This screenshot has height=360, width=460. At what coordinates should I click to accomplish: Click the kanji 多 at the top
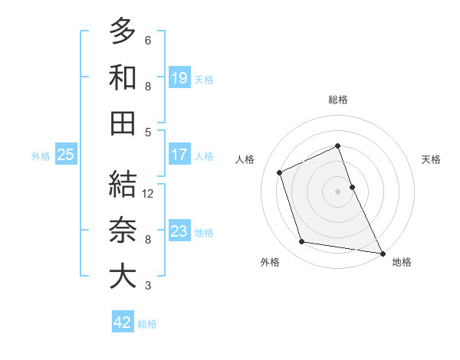122,32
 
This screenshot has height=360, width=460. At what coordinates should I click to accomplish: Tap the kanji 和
122,79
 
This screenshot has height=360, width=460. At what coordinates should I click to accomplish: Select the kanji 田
122,124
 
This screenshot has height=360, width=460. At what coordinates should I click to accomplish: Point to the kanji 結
122,185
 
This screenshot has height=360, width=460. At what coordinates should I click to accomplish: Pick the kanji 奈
122,231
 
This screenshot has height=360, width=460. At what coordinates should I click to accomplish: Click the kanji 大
122,277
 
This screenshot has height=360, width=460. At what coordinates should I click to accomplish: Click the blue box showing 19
179,77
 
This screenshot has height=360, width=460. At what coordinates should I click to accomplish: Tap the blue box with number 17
179,155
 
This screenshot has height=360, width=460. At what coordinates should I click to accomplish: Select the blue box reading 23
179,231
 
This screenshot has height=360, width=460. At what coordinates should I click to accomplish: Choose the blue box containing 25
65,155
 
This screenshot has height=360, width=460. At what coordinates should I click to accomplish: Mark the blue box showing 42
123,322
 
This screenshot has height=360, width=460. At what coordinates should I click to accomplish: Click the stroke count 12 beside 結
149,193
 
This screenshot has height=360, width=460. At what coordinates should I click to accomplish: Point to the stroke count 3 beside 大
147,286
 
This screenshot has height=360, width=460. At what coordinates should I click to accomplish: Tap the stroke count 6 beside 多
147,40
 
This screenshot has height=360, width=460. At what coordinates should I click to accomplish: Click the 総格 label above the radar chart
338,100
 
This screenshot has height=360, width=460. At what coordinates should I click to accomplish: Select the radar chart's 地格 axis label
402,263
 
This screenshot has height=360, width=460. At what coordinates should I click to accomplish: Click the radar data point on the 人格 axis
280,172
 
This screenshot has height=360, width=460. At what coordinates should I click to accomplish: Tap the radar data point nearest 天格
352,186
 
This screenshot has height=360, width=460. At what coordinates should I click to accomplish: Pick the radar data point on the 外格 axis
302,242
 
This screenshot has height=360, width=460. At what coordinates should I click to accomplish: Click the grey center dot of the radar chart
338,191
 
